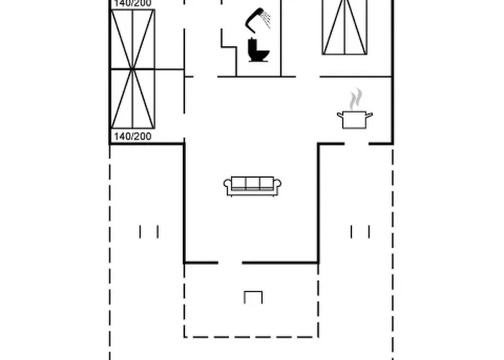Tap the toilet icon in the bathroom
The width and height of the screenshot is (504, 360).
[x=258, y=50]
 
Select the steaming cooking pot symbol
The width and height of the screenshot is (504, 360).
[x=355, y=109]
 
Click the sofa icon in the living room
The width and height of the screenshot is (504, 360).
[x=253, y=186]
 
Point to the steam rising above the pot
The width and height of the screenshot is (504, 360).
[x=356, y=99]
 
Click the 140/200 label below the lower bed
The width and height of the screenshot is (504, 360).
[x=132, y=136]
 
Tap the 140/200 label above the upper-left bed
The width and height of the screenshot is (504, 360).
[x=132, y=3]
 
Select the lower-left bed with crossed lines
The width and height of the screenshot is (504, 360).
[x=132, y=99]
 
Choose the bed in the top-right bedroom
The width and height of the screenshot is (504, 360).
[x=345, y=27]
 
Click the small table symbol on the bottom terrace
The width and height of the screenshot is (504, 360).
[x=253, y=297]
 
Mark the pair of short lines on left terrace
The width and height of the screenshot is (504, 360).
[x=149, y=232]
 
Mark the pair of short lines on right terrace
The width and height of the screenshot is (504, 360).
[x=360, y=232]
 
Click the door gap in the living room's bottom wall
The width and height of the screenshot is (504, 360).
[x=230, y=263]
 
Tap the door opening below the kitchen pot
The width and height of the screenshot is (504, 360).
[x=356, y=144]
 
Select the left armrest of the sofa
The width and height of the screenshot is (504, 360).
[x=228, y=184]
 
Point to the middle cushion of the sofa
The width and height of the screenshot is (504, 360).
[x=253, y=183]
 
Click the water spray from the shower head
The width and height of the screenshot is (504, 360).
[x=266, y=19]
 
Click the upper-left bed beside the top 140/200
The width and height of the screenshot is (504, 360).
[x=132, y=40]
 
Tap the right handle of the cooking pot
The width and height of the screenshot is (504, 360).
[x=369, y=114]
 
